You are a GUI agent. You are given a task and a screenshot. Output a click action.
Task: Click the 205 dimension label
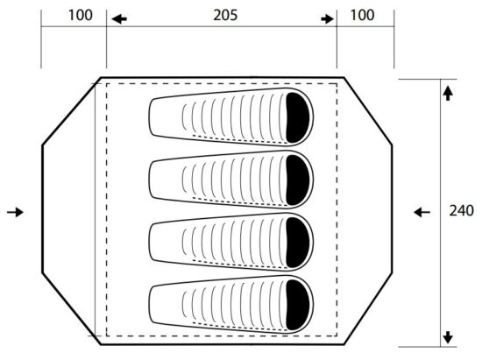pyautogui.click(x=225, y=15)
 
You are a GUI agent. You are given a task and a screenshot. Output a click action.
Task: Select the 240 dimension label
pyautogui.click(x=461, y=211)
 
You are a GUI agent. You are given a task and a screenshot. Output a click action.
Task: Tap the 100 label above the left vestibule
pyautogui.click(x=80, y=15)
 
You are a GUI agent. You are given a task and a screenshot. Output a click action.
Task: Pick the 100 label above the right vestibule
pyautogui.click(x=363, y=15)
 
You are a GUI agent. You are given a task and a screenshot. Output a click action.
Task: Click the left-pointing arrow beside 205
pyautogui.click(x=119, y=19)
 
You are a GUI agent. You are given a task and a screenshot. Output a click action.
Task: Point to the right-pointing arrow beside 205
pyautogui.click(x=327, y=19)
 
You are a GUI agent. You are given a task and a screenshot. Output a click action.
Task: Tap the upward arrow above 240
pyautogui.click(x=448, y=94)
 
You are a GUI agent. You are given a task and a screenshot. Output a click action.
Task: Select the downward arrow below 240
pyautogui.click(x=448, y=337)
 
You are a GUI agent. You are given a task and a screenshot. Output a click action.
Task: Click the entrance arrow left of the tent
pyautogui.click(x=15, y=212)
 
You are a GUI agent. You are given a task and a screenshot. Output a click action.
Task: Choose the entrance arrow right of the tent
pyautogui.click(x=422, y=212)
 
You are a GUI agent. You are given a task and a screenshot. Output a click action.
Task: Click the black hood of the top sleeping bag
pyautogui.click(x=297, y=117)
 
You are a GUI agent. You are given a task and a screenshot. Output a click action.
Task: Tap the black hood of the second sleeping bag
pyautogui.click(x=297, y=180)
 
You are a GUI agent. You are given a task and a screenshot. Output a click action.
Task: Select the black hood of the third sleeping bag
pyautogui.click(x=297, y=243)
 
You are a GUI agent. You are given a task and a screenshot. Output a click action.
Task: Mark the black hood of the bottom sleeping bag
pyautogui.click(x=297, y=305)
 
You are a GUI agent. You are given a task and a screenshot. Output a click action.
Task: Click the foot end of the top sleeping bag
pyautogui.click(x=150, y=117)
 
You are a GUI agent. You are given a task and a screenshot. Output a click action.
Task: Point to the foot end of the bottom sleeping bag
pyautogui.click(x=150, y=305)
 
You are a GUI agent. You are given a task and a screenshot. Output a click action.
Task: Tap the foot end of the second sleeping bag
pyautogui.click(x=150, y=180)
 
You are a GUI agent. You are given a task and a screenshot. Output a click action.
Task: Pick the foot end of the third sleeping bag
pyautogui.click(x=150, y=243)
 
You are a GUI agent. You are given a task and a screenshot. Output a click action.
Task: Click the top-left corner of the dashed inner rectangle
pyautogui.click(x=107, y=83)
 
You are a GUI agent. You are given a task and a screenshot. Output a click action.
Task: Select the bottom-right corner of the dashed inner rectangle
pyautogui.click(x=337, y=335)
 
